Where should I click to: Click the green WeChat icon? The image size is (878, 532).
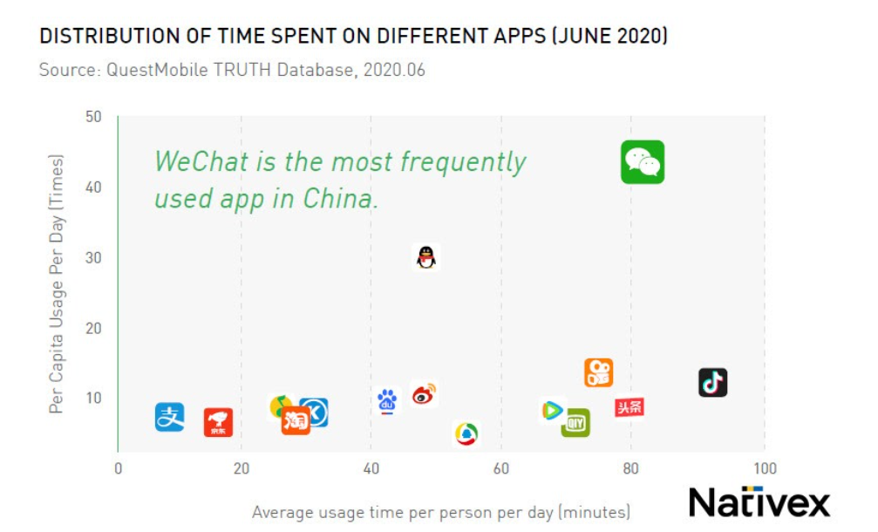pyautogui.click(x=643, y=162)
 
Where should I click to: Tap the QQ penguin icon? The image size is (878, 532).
pyautogui.click(x=425, y=257)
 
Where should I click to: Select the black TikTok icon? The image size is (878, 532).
pyautogui.click(x=712, y=382)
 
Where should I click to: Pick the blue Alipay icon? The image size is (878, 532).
pyautogui.click(x=169, y=417)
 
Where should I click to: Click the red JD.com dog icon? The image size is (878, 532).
pyautogui.click(x=218, y=422)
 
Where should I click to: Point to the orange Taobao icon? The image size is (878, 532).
pyautogui.click(x=296, y=421)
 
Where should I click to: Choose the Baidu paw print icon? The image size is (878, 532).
pyautogui.click(x=387, y=400)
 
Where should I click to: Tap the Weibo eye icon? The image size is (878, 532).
pyautogui.click(x=424, y=394)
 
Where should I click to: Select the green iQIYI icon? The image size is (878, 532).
pyautogui.click(x=575, y=423)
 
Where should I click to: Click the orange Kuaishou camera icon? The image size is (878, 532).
pyautogui.click(x=598, y=372)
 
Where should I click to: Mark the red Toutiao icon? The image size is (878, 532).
pyautogui.click(x=629, y=407)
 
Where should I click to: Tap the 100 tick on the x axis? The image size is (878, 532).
pyautogui.click(x=765, y=469)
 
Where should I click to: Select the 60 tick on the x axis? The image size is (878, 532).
pyautogui.click(x=500, y=469)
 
